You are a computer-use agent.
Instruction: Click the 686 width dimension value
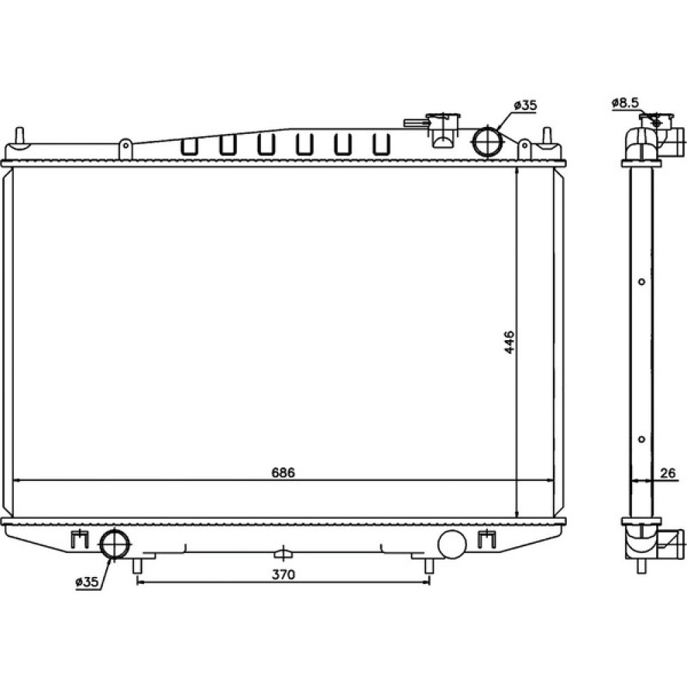point(283,473)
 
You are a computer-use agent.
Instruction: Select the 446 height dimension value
point(508,342)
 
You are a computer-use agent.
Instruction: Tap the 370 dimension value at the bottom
point(284,574)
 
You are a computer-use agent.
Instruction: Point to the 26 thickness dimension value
point(667,473)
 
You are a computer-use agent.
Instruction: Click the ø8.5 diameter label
point(625,103)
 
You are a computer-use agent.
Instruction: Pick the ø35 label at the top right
point(525,105)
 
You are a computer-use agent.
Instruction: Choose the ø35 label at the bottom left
point(87,582)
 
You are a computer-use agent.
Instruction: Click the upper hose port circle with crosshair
point(486,141)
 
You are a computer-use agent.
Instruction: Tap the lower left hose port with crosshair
point(115,544)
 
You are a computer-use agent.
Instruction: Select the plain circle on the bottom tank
point(452,543)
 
